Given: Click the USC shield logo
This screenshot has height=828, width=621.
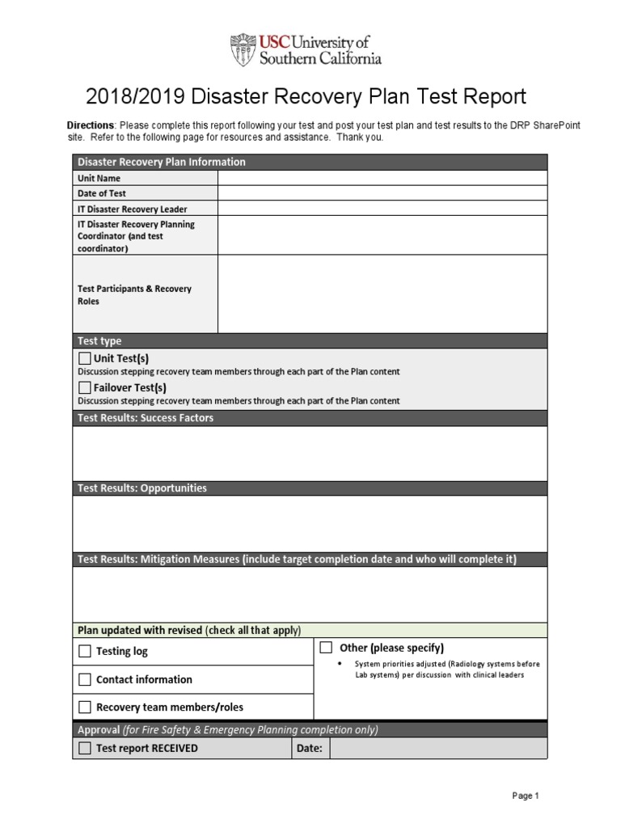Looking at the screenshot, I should [243, 49].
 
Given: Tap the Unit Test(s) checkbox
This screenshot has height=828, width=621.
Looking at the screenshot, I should [85, 358].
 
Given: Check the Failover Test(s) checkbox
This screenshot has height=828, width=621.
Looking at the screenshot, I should [85, 387].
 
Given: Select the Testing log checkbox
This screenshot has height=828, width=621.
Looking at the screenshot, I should [85, 651].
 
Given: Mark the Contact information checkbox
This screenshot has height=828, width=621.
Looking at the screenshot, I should [85, 679].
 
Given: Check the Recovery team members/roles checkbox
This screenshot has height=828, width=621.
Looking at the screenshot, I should [85, 707].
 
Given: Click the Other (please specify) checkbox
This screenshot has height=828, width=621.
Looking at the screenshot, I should [326, 647].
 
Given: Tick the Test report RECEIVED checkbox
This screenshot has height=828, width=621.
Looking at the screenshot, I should [85, 748].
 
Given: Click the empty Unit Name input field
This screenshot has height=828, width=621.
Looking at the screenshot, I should [382, 178].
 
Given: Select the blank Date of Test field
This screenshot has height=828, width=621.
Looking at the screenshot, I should [382, 193].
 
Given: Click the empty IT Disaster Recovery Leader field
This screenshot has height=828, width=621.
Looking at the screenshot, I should [382, 209].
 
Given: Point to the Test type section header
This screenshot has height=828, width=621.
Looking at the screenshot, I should [99, 340].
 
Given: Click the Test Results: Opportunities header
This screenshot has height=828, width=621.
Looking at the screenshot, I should [142, 488].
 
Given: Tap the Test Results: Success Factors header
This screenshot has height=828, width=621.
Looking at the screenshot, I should [146, 418].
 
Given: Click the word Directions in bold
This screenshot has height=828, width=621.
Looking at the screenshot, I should [91, 125].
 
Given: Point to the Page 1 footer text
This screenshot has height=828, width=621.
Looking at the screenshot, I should [525, 796].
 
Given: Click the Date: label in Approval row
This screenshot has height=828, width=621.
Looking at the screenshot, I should [310, 748].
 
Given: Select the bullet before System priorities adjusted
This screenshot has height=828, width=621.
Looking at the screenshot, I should [338, 664].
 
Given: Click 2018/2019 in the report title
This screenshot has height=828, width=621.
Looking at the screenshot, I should [135, 97].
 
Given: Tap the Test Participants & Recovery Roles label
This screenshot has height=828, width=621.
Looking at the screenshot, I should [134, 294].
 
